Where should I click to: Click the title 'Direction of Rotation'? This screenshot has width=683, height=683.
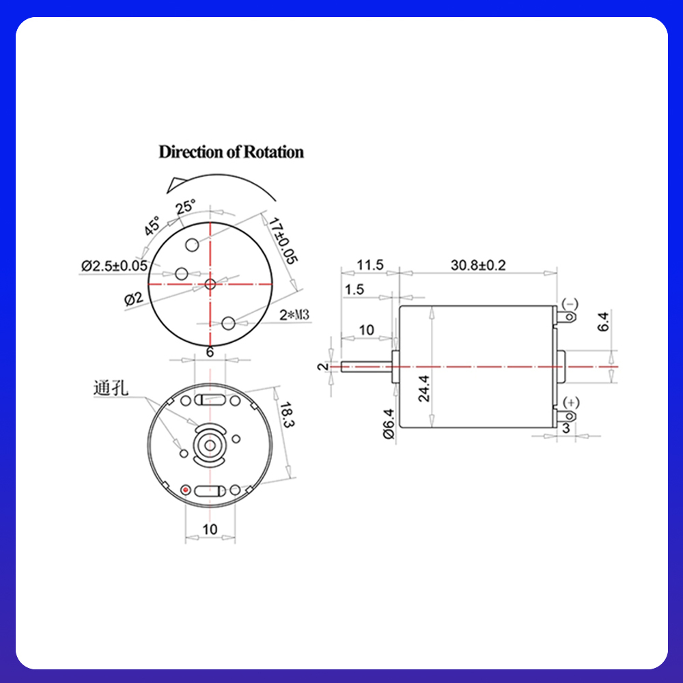pos(231,152)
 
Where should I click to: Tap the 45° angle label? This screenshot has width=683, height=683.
pos(152,225)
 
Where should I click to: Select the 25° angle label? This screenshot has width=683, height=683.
pos(186,206)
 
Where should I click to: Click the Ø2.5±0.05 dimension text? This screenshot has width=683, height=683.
pos(113,265)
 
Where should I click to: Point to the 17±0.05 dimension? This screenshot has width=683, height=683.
pos(282,240)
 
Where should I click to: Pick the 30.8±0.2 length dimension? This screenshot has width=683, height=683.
pos(478,265)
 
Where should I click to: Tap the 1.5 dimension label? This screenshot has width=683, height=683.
pos(354,290)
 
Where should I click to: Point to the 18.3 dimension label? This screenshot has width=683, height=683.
pos(288,416)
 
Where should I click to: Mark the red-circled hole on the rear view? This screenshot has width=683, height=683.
pos(186,489)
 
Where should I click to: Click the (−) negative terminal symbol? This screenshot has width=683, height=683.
pos(569,303)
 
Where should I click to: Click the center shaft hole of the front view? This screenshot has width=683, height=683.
pos(210,283)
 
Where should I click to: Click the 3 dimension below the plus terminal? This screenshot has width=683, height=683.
pos(566,428)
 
